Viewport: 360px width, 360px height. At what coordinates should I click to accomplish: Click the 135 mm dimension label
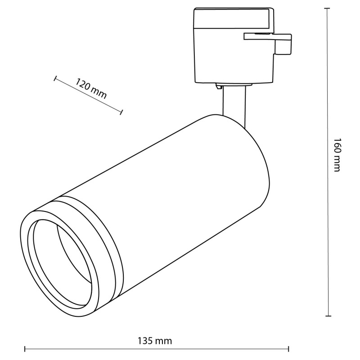click(154, 341)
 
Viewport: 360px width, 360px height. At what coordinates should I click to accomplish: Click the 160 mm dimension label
click(337, 155)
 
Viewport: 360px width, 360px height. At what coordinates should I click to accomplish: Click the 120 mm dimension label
click(91, 88)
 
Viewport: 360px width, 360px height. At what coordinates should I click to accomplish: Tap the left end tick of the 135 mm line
click(25, 349)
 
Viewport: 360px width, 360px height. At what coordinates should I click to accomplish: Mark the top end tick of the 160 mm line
click(327, 8)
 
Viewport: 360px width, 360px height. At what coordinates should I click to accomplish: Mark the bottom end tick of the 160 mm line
click(328, 316)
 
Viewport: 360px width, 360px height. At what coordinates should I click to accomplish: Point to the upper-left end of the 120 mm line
click(55, 78)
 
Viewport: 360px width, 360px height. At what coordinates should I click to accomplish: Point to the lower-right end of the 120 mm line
click(121, 112)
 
